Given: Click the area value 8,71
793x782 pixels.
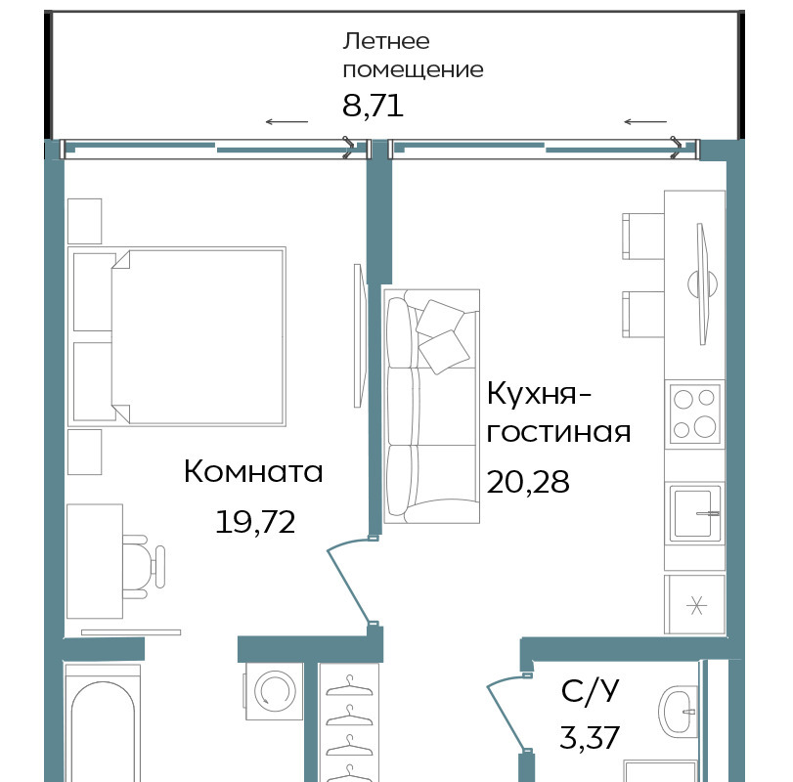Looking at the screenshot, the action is (373, 107).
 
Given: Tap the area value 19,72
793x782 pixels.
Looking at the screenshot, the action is (255, 522).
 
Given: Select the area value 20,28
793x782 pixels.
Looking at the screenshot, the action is (527, 481).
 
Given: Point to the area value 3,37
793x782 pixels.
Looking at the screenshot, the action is (590, 737).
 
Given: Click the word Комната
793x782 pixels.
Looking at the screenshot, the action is (253, 471).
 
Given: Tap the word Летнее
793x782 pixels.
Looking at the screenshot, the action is (386, 41).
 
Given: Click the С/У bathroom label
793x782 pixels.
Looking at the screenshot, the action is (590, 690).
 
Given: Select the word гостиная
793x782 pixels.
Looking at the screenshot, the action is (558, 432).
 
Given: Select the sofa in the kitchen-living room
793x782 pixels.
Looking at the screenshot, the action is (431, 407).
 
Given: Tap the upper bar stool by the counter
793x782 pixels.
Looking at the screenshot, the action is (642, 236).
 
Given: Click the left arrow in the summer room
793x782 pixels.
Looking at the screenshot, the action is (286, 121).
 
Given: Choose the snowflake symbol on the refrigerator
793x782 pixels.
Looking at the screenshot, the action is (696, 605).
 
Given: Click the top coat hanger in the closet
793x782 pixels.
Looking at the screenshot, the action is (349, 686).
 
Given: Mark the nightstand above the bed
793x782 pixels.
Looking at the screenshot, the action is (84, 222).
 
